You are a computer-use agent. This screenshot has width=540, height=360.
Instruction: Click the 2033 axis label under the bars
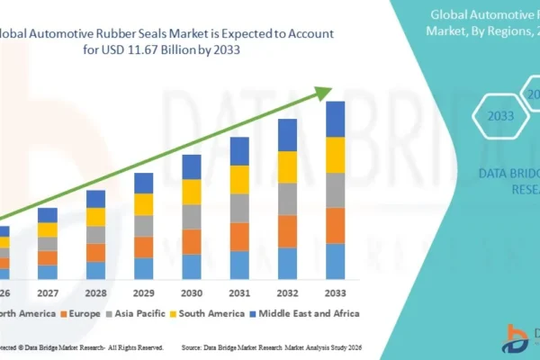click(x=334, y=293)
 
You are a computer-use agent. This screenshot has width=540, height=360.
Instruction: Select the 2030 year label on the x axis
click(x=191, y=293)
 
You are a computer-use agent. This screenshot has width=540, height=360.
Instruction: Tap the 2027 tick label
click(x=47, y=293)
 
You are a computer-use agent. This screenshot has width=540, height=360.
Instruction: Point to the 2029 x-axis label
click(x=143, y=293)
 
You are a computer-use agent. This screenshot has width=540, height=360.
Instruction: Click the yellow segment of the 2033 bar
click(x=335, y=155)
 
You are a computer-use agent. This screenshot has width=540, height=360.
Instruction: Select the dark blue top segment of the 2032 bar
click(x=287, y=136)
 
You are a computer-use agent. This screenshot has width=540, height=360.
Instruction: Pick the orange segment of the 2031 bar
click(x=238, y=236)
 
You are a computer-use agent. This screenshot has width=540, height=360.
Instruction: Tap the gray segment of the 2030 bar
click(x=191, y=217)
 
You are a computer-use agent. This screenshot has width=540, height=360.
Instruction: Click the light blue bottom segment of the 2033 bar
click(x=335, y=261)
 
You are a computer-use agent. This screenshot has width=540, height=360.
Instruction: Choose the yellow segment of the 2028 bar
click(x=95, y=217)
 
